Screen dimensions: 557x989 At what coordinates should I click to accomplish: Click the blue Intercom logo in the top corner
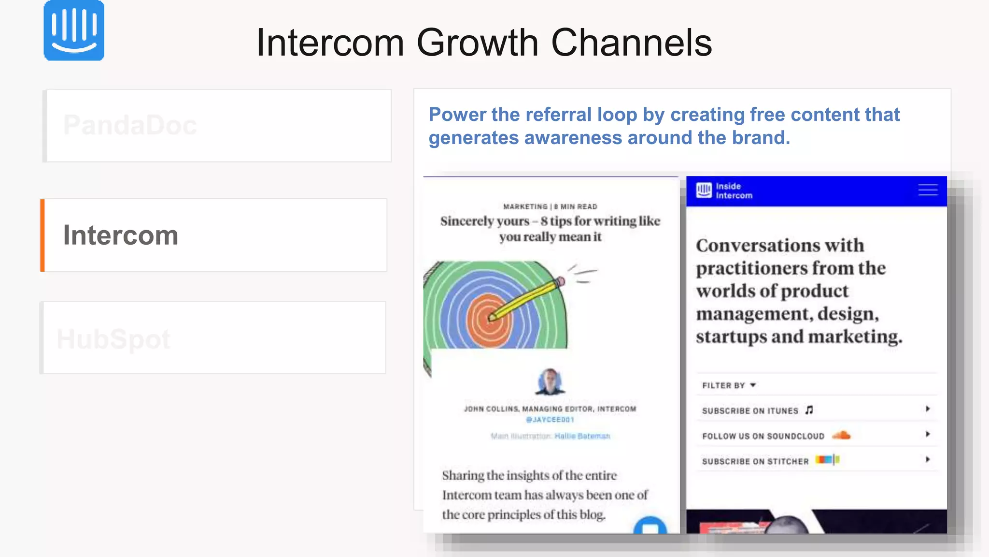pyautogui.click(x=74, y=30)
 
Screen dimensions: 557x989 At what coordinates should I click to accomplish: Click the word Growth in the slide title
pyautogui.click(x=477, y=43)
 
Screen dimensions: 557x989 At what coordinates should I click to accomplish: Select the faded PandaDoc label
pyautogui.click(x=130, y=125)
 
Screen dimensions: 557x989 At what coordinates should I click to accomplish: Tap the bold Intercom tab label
pyautogui.click(x=121, y=235)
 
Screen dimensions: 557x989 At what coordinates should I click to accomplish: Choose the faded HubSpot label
pyautogui.click(x=113, y=338)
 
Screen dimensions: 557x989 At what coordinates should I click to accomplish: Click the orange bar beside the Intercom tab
pyautogui.click(x=42, y=235)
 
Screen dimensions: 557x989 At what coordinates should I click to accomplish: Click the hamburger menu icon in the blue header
pyautogui.click(x=928, y=190)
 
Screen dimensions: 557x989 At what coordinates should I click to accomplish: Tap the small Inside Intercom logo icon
pyautogui.click(x=704, y=191)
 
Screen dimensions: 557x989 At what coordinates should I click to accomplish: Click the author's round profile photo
pyautogui.click(x=550, y=381)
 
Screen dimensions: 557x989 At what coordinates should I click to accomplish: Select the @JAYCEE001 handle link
pyautogui.click(x=550, y=420)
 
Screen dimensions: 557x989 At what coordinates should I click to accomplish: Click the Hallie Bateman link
pyautogui.click(x=582, y=436)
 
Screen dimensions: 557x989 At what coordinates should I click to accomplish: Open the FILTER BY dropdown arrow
pyautogui.click(x=753, y=385)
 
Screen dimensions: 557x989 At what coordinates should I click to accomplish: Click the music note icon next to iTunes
pyautogui.click(x=809, y=410)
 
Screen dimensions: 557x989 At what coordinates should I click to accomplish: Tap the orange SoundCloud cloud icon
pyautogui.click(x=841, y=435)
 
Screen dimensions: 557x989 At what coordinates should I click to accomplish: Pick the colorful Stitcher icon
pyautogui.click(x=827, y=460)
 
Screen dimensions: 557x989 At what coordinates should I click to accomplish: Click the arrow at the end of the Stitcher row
pyautogui.click(x=927, y=459)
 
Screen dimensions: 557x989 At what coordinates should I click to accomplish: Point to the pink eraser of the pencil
pyautogui.click(x=560, y=281)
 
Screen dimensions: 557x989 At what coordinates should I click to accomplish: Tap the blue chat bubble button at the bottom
pyautogui.click(x=650, y=526)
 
